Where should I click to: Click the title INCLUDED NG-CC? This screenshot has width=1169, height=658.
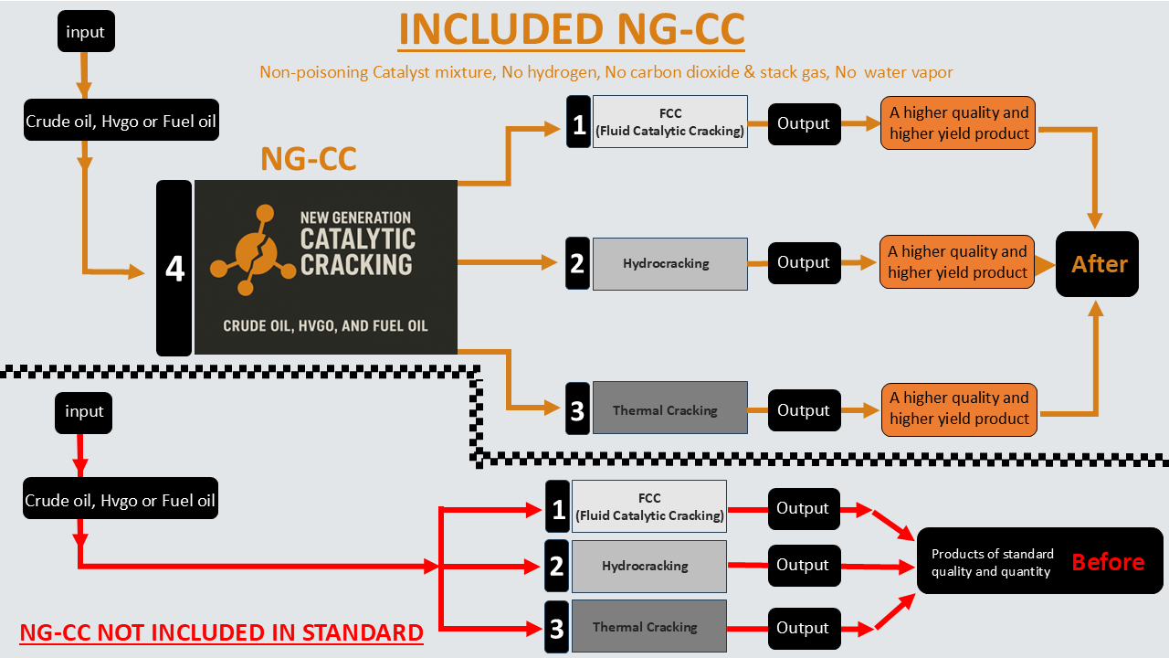coord(572,30)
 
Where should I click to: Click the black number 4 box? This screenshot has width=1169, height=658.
coord(174,268)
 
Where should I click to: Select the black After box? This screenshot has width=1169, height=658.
coord(1097,264)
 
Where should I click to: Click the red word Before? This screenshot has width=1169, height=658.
coord(1108,562)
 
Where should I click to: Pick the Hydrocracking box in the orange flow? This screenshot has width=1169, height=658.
coord(669,264)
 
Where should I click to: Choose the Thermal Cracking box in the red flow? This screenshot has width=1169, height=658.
coord(648,627)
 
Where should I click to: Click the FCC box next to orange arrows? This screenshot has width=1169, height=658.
coord(669,122)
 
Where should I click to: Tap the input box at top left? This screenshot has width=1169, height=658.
coord(85,32)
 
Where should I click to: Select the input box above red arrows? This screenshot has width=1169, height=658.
coord(84,412)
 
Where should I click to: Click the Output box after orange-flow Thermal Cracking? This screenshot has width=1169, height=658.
coord(804,410)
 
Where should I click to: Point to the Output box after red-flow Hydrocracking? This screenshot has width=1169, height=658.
coord(803,566)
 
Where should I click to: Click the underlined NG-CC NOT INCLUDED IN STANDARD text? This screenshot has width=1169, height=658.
coord(222,632)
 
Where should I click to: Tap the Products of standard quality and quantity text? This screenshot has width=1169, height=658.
coord(992,563)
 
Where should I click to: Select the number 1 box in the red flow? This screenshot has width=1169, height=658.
coord(557,507)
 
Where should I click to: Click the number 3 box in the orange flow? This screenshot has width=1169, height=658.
coord(577,410)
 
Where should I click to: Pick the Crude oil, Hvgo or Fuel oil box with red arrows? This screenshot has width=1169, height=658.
coord(121,501)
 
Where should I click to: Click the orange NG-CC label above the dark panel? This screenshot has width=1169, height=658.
coord(309,158)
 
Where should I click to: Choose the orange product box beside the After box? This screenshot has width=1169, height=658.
coord(957,262)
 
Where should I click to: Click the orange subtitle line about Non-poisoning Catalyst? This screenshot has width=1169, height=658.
coord(606,72)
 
